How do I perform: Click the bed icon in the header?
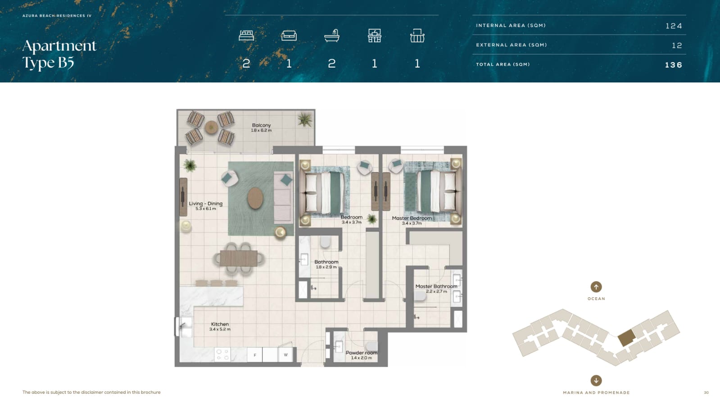tap(246, 36)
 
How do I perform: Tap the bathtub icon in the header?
tap(332, 36)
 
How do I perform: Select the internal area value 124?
tap(674, 26)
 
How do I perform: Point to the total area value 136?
tap(673, 65)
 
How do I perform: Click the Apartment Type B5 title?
tap(59, 54)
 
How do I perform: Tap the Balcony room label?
tap(261, 125)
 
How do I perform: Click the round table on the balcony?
tap(212, 127)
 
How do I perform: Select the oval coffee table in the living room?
tap(256, 198)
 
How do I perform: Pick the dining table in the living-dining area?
tap(239, 258)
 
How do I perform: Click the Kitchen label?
tap(220, 324)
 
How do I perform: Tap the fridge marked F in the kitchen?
tap(255, 355)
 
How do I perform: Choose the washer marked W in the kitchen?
tap(285, 355)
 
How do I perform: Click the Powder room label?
tap(361, 353)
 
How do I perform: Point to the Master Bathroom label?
tap(436, 287)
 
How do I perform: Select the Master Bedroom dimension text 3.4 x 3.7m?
tap(412, 223)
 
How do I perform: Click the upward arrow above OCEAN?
tap(596, 287)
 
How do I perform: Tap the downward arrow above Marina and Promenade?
tap(596, 381)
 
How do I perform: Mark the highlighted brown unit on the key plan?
tap(626, 337)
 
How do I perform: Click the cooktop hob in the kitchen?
tap(222, 355)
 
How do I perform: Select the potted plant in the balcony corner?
tap(304, 120)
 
